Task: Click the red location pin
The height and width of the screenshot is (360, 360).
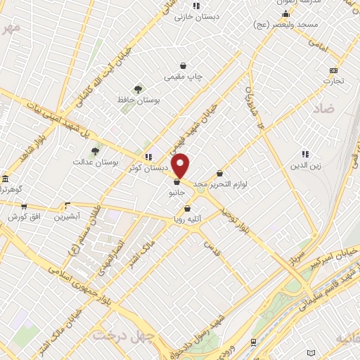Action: point(181,165)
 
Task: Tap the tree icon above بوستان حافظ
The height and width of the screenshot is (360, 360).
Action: point(138,89)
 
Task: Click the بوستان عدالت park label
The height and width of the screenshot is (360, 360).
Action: point(94,162)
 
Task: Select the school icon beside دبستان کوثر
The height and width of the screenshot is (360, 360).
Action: point(148,157)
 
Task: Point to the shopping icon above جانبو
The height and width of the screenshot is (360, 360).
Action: point(176,182)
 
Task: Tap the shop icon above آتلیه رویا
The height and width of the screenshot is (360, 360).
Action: point(188,208)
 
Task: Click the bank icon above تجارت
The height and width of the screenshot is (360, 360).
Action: point(333,70)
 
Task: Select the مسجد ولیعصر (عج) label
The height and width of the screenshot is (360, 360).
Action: point(288,25)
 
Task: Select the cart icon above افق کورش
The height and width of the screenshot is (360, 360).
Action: point(24,207)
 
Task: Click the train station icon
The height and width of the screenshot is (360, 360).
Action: point(253,341)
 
